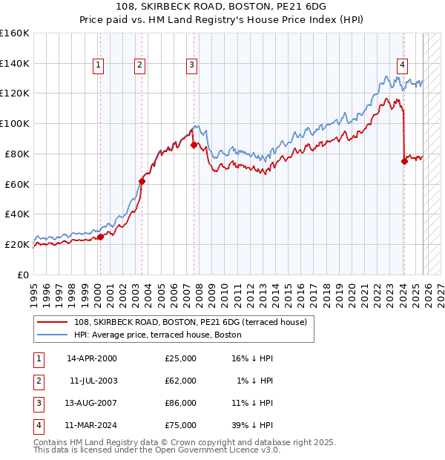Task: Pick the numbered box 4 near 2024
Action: (x=401, y=65)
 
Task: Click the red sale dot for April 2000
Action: (x=100, y=237)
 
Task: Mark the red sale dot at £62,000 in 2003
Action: (x=142, y=180)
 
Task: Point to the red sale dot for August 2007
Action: (x=194, y=145)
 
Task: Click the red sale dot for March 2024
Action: (x=404, y=161)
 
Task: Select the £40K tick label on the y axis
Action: (x=16, y=214)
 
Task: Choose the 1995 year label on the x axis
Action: (x=34, y=289)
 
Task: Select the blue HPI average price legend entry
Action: (x=157, y=335)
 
